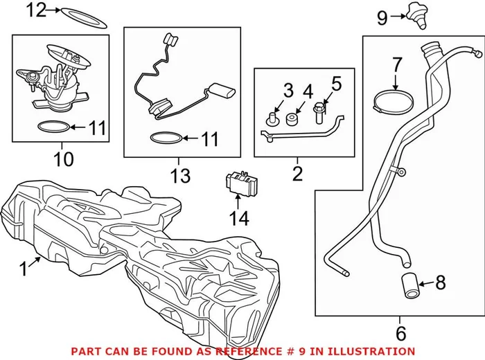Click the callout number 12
pyautogui.click(x=35, y=10)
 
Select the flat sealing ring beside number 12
pyautogui.click(x=83, y=17)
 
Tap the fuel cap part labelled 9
pyautogui.click(x=416, y=14)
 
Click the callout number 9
pyautogui.click(x=382, y=18)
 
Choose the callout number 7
pyautogui.click(x=396, y=64)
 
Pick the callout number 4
pyautogui.click(x=307, y=91)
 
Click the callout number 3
pyautogui.click(x=288, y=91)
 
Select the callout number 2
pyautogui.click(x=297, y=173)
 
